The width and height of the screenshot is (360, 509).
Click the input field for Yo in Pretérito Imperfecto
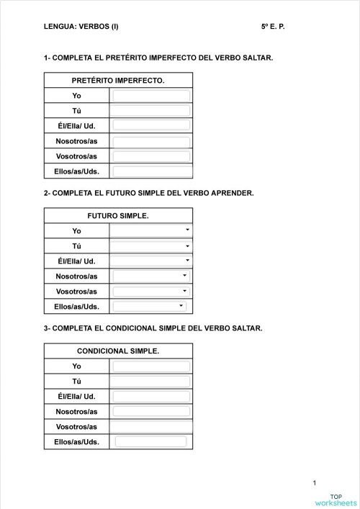[x=151, y=96]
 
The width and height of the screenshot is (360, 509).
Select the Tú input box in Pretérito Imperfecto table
[x=151, y=111]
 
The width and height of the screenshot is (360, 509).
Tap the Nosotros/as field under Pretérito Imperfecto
[x=151, y=141]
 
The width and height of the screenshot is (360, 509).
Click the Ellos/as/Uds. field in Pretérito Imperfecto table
[x=151, y=171]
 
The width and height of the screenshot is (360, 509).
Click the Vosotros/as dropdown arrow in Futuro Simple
[x=185, y=291]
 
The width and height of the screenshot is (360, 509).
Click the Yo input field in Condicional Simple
[x=151, y=366]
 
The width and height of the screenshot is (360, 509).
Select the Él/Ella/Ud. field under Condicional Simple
[x=151, y=397]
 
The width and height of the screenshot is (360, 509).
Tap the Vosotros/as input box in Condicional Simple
[x=151, y=427]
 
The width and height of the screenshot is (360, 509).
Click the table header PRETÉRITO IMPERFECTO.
[x=118, y=80]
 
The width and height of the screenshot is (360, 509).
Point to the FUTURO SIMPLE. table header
[x=118, y=215]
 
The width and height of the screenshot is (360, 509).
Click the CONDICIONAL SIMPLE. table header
[x=118, y=351]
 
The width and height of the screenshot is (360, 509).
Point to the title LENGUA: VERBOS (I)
[x=81, y=27]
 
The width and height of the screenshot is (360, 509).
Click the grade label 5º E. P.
[x=274, y=27]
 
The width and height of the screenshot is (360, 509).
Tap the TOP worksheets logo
[x=336, y=500]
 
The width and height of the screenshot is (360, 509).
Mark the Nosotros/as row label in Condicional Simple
[x=76, y=412]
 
